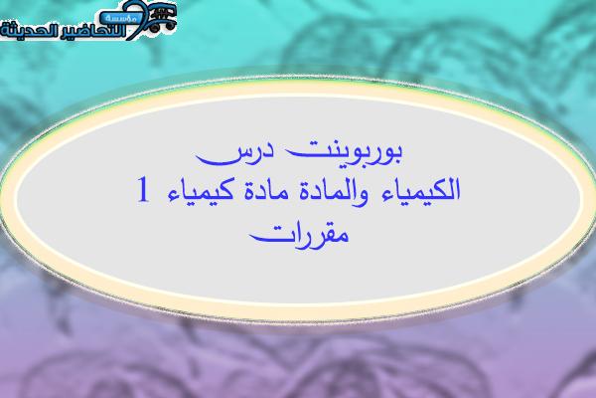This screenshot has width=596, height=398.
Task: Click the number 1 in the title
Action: click(143, 189)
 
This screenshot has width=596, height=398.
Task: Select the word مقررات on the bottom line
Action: click(299, 235)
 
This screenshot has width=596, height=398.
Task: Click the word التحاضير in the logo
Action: click(95, 31)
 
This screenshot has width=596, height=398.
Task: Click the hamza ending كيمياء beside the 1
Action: click(173, 197)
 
